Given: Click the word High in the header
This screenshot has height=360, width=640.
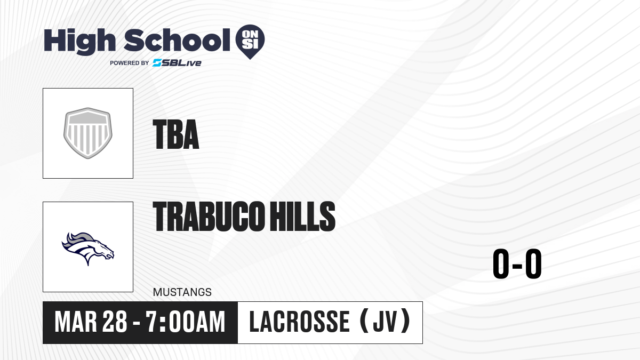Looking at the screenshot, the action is click(x=79, y=42).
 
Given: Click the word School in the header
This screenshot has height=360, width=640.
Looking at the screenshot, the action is click(x=177, y=40).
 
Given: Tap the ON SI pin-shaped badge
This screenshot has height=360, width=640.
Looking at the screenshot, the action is click(x=250, y=42).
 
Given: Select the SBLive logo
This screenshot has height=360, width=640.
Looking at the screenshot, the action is click(x=177, y=63).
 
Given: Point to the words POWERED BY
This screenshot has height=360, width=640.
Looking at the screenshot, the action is click(x=130, y=63).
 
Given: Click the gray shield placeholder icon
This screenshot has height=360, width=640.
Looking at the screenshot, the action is click(x=87, y=133).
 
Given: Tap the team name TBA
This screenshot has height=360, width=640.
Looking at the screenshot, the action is click(x=176, y=134).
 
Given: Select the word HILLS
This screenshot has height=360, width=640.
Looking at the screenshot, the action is click(x=302, y=216).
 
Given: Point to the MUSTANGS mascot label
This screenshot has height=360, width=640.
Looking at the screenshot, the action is click(x=182, y=292).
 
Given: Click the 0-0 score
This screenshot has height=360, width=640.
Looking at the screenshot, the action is click(x=517, y=263).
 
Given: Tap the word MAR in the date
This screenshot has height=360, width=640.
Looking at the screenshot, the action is click(x=76, y=322).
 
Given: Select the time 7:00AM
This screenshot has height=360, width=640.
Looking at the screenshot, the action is click(x=186, y=322).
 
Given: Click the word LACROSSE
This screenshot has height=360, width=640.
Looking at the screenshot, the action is click(x=299, y=322).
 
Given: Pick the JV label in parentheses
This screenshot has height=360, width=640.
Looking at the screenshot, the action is click(x=385, y=322).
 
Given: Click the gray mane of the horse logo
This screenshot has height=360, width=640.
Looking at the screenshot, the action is click(x=78, y=239).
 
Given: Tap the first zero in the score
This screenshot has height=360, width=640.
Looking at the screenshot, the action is click(x=501, y=263).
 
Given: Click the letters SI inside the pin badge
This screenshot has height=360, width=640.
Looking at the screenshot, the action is click(x=250, y=44).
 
